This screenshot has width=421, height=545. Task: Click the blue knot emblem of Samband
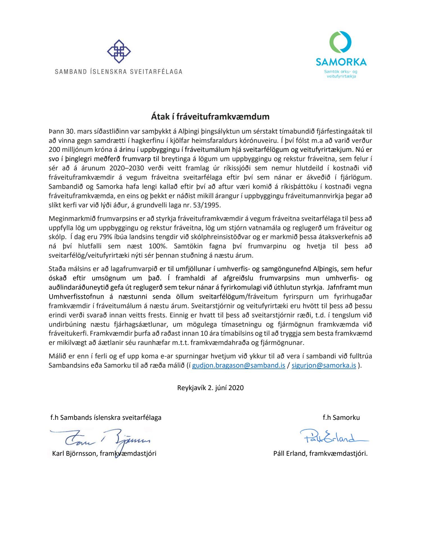coord(119,51)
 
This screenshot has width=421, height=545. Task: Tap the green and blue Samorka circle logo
coord(340,42)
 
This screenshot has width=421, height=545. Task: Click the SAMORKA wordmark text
coord(341,62)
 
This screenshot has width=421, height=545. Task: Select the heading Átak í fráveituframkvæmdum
coord(210,116)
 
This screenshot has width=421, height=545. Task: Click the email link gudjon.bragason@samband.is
coord(239,365)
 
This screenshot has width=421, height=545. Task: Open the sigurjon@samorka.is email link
coord(324,365)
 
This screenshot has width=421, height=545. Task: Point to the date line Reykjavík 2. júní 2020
coord(210,388)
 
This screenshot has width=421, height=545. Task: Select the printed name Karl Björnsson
coord(74,454)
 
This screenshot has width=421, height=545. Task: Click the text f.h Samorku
coord(341,418)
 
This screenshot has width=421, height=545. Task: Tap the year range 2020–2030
coord(128,168)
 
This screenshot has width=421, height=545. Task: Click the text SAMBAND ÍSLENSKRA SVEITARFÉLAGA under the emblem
coord(119,72)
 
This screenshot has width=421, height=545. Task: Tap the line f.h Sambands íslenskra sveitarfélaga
coord(106,418)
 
